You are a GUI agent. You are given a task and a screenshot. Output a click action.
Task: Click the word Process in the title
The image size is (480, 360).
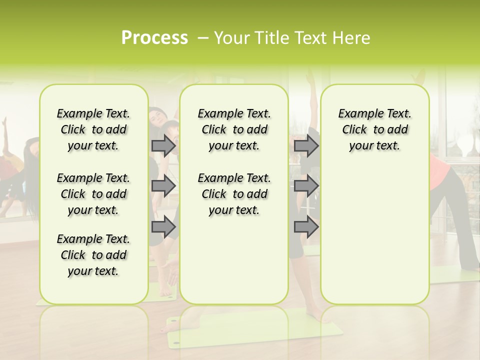(154, 38)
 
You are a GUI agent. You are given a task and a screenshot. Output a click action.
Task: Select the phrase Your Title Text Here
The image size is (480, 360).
(292, 38)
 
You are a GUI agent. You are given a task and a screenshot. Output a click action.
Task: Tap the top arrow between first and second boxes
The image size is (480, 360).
(163, 145)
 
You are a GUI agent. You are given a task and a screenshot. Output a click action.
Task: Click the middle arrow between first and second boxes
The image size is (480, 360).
(163, 186)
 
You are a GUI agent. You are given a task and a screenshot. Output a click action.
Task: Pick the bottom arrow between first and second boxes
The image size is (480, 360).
(163, 226)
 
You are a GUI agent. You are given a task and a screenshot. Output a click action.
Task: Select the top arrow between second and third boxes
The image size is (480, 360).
(306, 145)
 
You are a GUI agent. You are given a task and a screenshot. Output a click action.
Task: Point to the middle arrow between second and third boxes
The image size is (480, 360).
(306, 186)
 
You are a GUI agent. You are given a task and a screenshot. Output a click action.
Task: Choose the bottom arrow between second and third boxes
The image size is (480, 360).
(306, 226)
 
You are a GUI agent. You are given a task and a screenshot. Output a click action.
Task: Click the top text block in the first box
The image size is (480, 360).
(93, 129)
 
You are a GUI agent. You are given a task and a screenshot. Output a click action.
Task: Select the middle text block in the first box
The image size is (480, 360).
(93, 194)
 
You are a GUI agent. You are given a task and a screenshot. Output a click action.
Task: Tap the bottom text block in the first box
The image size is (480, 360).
(93, 255)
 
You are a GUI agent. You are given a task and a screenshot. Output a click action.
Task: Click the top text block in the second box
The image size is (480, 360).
(234, 129)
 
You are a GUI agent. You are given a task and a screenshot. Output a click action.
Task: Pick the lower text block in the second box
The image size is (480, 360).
(234, 194)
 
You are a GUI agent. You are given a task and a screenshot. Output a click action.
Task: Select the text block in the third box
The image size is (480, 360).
(374, 129)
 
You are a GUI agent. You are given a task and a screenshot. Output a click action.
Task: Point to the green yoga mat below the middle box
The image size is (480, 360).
(255, 330)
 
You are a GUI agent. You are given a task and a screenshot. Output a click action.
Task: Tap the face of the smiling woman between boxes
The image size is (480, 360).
(159, 118)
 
